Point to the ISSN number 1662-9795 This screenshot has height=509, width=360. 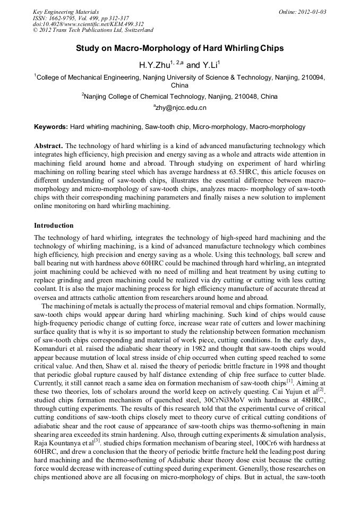tap(64, 18)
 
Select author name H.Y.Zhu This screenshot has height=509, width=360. tap(155, 65)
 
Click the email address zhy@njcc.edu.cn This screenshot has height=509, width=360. tap(181, 108)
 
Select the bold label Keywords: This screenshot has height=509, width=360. tap(51, 127)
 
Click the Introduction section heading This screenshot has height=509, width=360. tap(54, 226)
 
